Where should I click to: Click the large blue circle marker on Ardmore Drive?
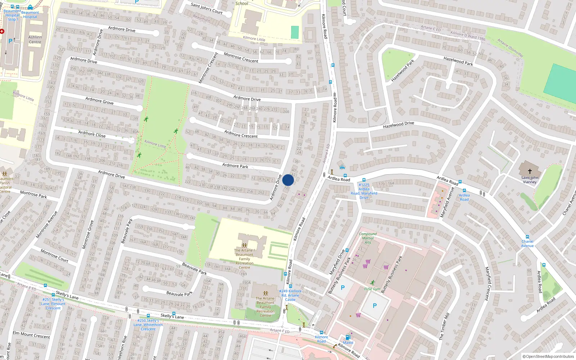click(288, 180)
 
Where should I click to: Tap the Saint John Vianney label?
click(530, 180)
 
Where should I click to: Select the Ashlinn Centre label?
click(35, 40)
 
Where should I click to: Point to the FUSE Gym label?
click(372, 289)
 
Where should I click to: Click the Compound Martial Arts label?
click(368, 238)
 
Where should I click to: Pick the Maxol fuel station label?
click(348, 342)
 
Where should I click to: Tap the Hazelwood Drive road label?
click(399, 125)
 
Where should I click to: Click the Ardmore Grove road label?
click(99, 101)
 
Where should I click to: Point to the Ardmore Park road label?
click(235, 166)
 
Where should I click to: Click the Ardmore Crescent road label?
click(241, 134)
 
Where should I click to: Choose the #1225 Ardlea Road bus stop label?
click(364, 191)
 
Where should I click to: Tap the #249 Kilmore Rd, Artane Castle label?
click(290, 295)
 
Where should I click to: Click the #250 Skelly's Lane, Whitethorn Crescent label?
click(148, 324)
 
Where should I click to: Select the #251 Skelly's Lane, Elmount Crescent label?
click(53, 303)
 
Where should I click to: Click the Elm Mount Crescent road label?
click(31, 335)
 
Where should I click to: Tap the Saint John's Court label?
click(207, 8)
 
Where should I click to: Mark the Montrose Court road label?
click(54, 255)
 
